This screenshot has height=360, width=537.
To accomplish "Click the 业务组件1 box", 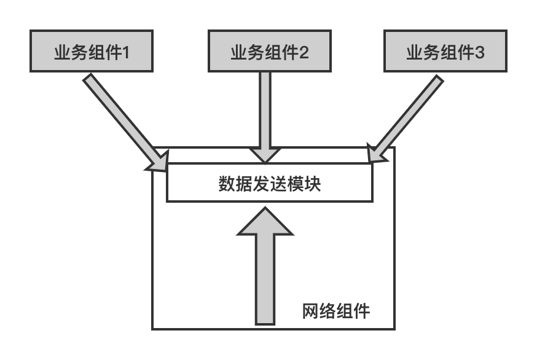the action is pyautogui.click(x=92, y=51).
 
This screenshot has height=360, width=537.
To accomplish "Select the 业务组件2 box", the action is pyautogui.click(x=270, y=51).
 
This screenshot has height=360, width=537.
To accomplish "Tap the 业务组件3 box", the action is pyautogui.click(x=445, y=51).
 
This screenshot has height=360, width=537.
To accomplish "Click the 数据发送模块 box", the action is pyautogui.click(x=270, y=182).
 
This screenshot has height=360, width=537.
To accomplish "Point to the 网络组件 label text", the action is pyautogui.click(x=336, y=311).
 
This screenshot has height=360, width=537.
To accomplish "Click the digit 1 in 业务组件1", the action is pyautogui.click(x=126, y=53).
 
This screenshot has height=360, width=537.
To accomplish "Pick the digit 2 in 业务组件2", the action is pyautogui.click(x=304, y=53).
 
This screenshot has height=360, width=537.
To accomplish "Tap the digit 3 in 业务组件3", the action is pyautogui.click(x=480, y=53).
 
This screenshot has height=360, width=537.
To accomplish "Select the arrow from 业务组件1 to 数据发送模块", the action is pyautogui.click(x=125, y=122).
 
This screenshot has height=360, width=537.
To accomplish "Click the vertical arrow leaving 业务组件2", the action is pyautogui.click(x=265, y=117).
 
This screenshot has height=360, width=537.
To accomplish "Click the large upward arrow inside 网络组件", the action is pyautogui.click(x=265, y=265).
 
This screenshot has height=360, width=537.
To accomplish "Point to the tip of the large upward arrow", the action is pyautogui.click(x=265, y=207).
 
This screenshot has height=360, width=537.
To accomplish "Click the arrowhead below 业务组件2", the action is pyautogui.click(x=265, y=155).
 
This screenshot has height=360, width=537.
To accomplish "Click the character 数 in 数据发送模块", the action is pyautogui.click(x=227, y=184).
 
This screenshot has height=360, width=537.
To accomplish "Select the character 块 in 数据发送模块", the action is pyautogui.click(x=312, y=184).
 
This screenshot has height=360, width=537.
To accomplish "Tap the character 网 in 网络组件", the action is pyautogui.click(x=311, y=311).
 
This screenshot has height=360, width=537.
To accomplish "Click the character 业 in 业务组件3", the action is pyautogui.click(x=415, y=53).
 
